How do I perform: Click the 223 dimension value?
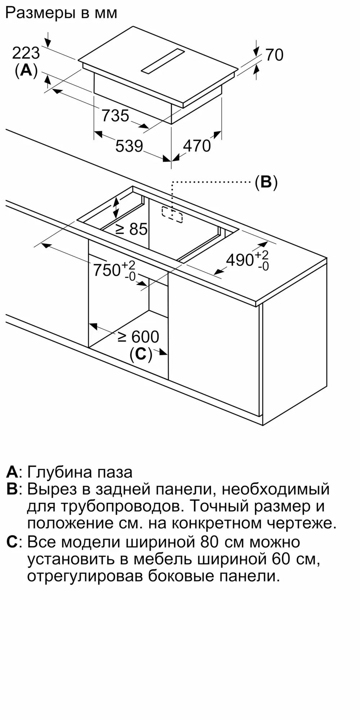[26, 53]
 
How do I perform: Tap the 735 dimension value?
[115, 116]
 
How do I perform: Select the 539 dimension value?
[129, 146]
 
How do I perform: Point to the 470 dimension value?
[197, 146]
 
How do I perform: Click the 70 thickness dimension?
[274, 55]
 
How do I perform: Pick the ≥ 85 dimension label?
[132, 229]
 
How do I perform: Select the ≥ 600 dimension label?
[139, 337]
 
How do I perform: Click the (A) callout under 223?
[26, 71]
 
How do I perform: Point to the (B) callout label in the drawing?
[266, 183]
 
